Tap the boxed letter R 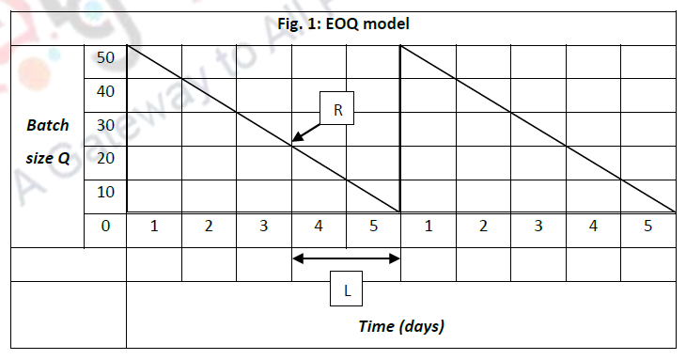click(x=337, y=110)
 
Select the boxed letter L click(x=347, y=291)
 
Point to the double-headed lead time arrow click(x=347, y=258)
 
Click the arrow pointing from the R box click(x=307, y=132)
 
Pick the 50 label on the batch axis click(x=104, y=57)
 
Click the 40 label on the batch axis click(x=104, y=91)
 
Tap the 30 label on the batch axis click(x=104, y=125)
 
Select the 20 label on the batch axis click(x=104, y=158)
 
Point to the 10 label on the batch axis click(x=104, y=192)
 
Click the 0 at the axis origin click(x=104, y=227)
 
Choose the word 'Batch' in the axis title click(x=48, y=125)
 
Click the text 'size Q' click(x=47, y=158)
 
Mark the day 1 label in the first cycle click(x=154, y=227)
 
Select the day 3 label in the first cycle click(x=264, y=227)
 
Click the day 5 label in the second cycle click(x=647, y=227)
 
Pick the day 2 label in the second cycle click(x=483, y=227)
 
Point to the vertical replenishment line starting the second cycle click(x=401, y=132)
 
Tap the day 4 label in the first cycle click(x=319, y=227)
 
